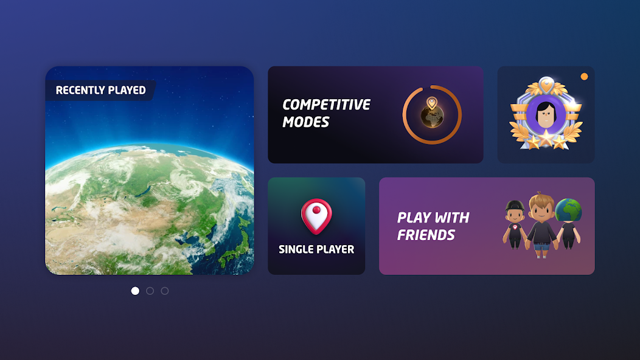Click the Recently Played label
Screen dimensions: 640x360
tap(100, 90)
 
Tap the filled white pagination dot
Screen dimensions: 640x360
tap(135, 291)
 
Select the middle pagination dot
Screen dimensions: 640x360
tap(150, 291)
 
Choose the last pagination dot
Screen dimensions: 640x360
tap(164, 291)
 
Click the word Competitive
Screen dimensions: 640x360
tap(326, 105)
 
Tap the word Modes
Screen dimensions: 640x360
tap(306, 122)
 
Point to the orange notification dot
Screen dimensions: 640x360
tap(584, 77)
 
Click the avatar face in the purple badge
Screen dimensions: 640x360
tap(546, 115)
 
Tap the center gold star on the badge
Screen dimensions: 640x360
tap(546, 139)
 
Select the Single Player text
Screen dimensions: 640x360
tap(316, 249)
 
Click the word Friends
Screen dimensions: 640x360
tap(426, 235)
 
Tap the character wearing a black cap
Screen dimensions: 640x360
tap(515, 224)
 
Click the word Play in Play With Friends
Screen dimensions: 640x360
tap(412, 218)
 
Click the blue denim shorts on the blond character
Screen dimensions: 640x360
tap(541, 246)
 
